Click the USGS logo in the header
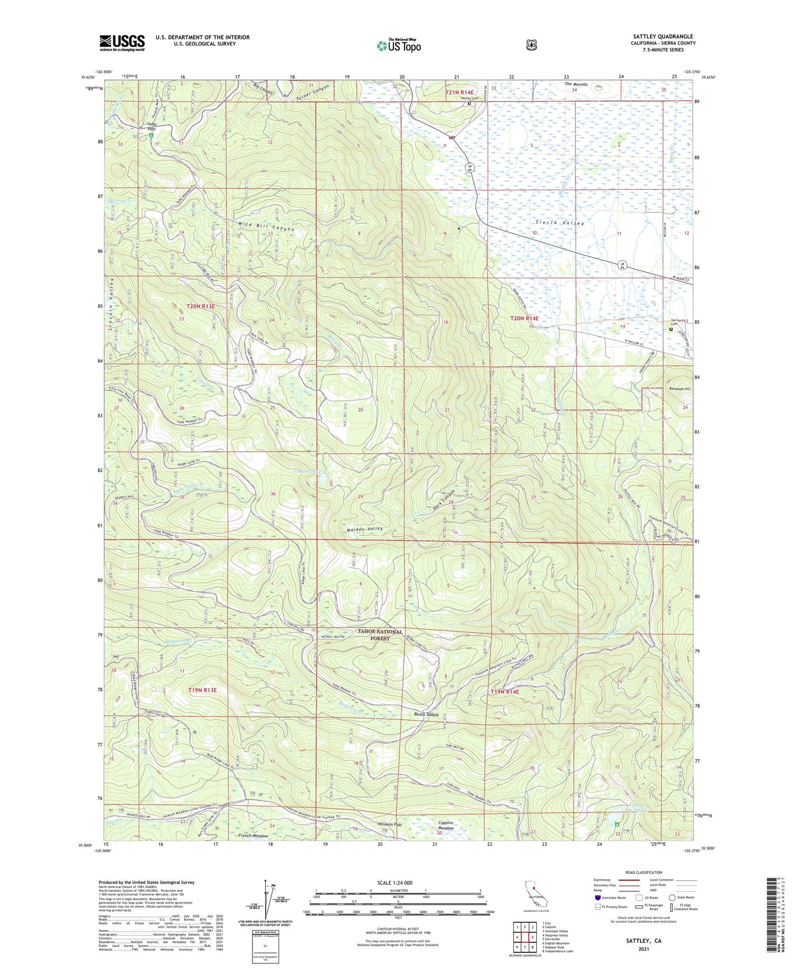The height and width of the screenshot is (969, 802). [x=122, y=42]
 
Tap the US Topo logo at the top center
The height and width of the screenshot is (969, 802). [x=399, y=46]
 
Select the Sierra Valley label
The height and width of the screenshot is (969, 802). [x=560, y=223]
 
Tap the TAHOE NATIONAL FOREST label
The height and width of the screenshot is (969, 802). [x=380, y=635]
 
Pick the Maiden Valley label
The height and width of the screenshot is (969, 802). [x=365, y=529]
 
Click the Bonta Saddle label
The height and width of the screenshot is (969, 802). [x=426, y=714]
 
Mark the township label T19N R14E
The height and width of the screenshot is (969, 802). [x=505, y=692]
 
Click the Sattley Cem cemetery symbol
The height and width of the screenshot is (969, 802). [x=469, y=103]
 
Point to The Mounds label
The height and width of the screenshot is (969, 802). [x=576, y=84]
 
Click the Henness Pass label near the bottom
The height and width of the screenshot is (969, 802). [x=389, y=824]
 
